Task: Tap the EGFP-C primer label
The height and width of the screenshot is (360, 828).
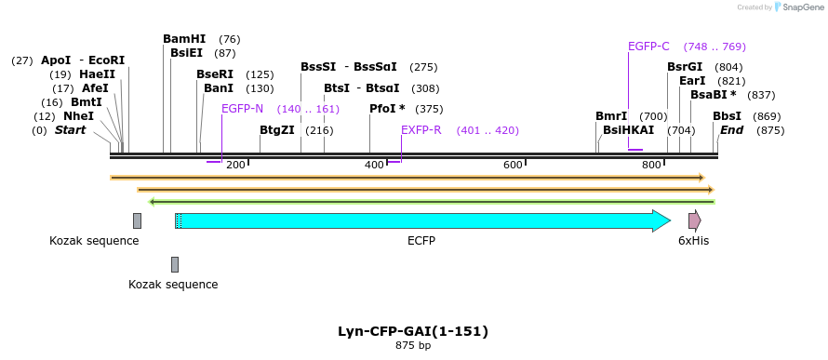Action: pyautogui.click(x=648, y=47)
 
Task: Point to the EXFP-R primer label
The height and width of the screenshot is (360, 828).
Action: pyautogui.click(x=421, y=130)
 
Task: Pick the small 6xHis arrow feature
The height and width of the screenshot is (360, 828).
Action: pyautogui.click(x=694, y=220)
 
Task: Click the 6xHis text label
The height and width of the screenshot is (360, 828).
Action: pyautogui.click(x=693, y=241)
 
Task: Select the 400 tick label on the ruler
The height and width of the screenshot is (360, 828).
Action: pyautogui.click(x=374, y=165)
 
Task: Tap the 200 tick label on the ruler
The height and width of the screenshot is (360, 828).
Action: pyautogui.click(x=235, y=165)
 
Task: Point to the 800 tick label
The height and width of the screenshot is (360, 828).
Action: pyautogui.click(x=650, y=165)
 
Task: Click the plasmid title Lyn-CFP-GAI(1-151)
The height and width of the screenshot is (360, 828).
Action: pyautogui.click(x=413, y=331)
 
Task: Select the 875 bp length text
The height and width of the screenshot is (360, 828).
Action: pyautogui.click(x=413, y=346)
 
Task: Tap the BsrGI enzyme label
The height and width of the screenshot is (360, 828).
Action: pyautogui.click(x=685, y=67)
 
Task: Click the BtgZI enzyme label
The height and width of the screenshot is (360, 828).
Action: pyautogui.click(x=277, y=130)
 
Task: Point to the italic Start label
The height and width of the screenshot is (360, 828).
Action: pyautogui.click(x=70, y=130)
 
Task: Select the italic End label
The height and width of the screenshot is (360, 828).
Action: pyautogui.click(x=731, y=130)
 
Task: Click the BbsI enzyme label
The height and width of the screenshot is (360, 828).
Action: pyautogui.click(x=727, y=116)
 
